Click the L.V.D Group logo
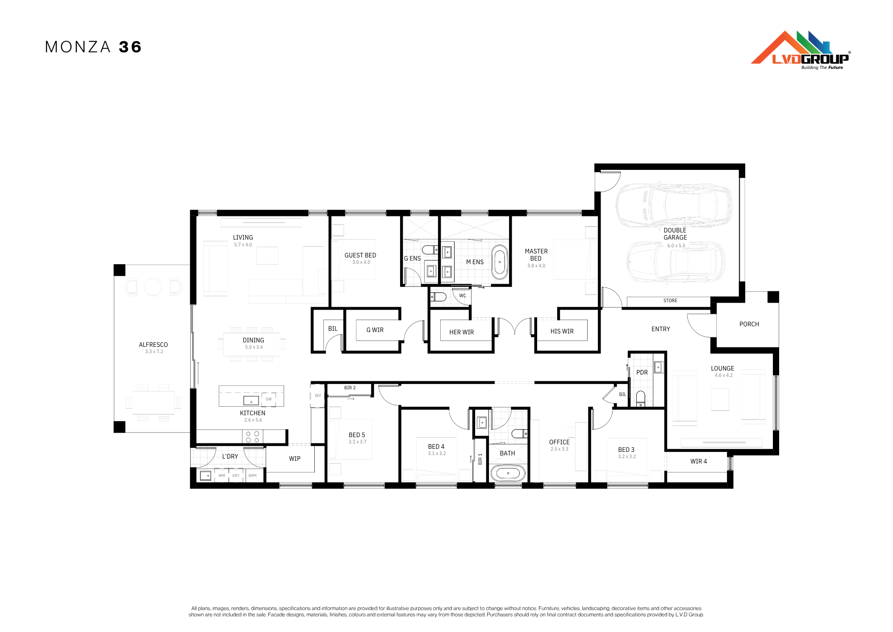(x=801, y=50)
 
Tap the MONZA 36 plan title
(x=93, y=47)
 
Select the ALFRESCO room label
(x=153, y=345)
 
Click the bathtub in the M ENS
(x=500, y=262)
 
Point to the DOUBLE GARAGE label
(x=675, y=234)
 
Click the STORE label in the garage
(x=670, y=301)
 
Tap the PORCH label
(x=749, y=324)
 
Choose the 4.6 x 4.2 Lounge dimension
(x=724, y=375)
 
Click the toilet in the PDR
(x=641, y=399)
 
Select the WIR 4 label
(x=699, y=461)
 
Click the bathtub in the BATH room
(x=508, y=473)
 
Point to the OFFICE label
(x=559, y=442)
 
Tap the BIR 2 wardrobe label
(x=350, y=388)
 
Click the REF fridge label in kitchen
(x=318, y=396)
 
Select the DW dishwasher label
(x=269, y=399)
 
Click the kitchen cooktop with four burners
(x=253, y=437)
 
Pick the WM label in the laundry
(x=222, y=476)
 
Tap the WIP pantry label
(x=295, y=459)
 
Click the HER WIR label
(x=462, y=332)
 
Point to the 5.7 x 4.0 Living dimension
(x=243, y=245)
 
